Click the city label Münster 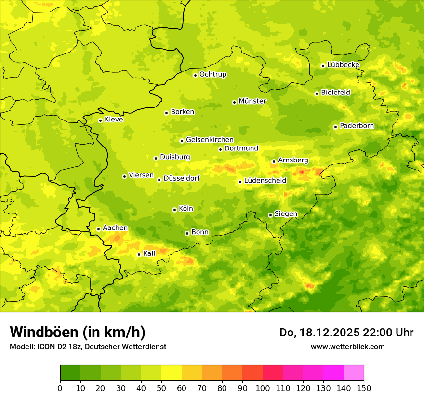(x=252, y=101)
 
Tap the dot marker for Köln (x=174, y=210)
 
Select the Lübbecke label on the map (x=343, y=65)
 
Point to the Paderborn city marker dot (x=336, y=127)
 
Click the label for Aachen (x=115, y=228)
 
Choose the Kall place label (x=149, y=253)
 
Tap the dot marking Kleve (x=100, y=120)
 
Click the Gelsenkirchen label (x=210, y=140)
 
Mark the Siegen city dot (x=270, y=215)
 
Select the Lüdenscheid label (x=265, y=181)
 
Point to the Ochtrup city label (x=212, y=74)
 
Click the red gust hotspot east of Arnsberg (x=302, y=172)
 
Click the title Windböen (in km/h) (x=78, y=332)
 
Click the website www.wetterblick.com (x=347, y=347)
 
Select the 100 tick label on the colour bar (x=263, y=388)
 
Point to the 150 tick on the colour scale (x=364, y=388)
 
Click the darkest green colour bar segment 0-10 (x=70, y=373)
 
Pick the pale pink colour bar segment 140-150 (x=354, y=373)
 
